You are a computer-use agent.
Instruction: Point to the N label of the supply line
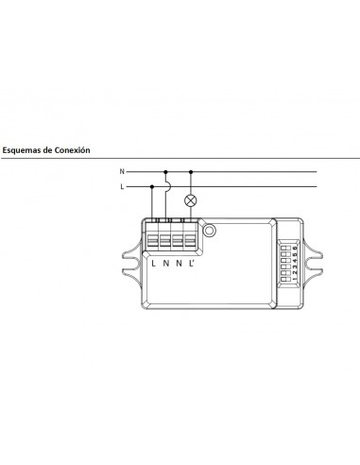tap(122, 172)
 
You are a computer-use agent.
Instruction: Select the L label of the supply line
tap(122, 188)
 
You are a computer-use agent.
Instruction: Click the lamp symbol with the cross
tap(192, 199)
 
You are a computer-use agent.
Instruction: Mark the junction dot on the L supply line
tap(153, 188)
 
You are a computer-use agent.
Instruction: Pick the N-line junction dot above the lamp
tap(192, 172)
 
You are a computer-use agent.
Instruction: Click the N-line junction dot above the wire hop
tap(166, 172)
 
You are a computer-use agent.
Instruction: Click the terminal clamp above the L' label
tap(192, 235)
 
